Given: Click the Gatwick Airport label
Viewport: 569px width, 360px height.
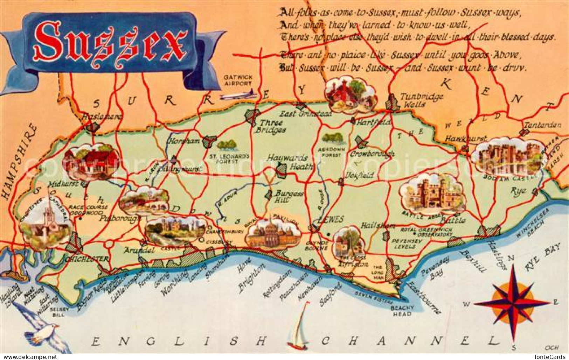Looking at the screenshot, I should pos(238,80).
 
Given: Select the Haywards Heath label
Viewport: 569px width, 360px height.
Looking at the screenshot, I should pos(290,162).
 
